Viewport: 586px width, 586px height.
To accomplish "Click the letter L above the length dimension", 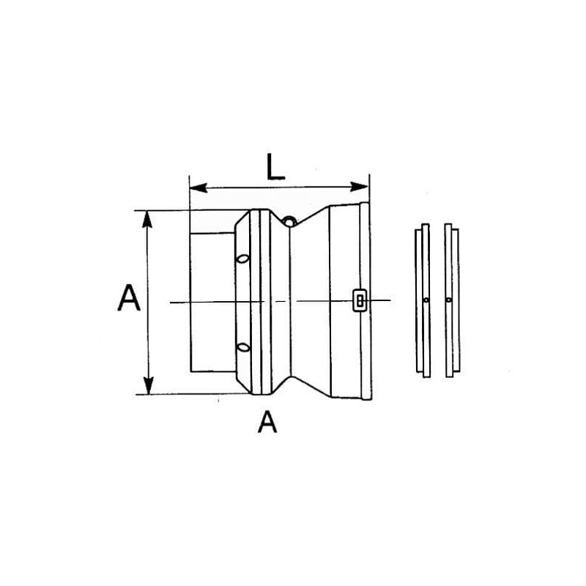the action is (x=276, y=166).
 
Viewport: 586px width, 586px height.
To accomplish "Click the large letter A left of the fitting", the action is (x=129, y=298).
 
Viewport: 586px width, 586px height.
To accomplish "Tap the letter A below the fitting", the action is (x=267, y=422).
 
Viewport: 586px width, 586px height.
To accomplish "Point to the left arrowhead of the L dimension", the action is (x=199, y=188).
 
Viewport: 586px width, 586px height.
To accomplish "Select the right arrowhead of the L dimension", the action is (x=359, y=187).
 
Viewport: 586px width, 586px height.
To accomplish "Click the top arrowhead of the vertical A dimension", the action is (x=147, y=219).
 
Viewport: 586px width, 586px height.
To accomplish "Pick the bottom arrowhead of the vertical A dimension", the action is (x=149, y=386).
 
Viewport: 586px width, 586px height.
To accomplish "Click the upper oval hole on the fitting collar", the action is (x=243, y=259).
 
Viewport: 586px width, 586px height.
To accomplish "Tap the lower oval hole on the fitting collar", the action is (x=243, y=347).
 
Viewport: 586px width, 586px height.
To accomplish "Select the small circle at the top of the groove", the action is (x=289, y=221).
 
